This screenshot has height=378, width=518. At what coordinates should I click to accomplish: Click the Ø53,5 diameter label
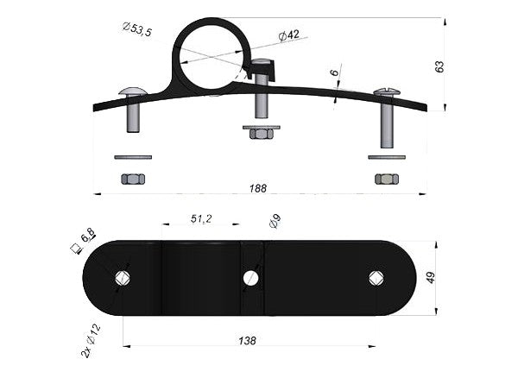point(136,29)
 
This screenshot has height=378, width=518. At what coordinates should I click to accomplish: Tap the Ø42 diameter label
point(288,35)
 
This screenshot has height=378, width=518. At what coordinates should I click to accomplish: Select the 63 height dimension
point(439,67)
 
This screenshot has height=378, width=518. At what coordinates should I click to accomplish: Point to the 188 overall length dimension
point(258,188)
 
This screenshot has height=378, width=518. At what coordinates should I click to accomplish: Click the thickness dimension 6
point(335,72)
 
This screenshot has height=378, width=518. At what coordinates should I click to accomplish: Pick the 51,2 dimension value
point(201,218)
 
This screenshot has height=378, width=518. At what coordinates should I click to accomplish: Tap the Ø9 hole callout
point(275,221)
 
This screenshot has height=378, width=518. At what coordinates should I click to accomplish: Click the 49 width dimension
point(431,278)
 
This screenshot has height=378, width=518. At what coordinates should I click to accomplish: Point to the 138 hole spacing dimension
point(248,340)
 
